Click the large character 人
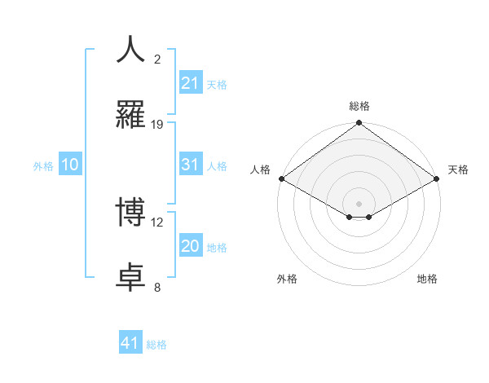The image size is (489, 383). (131, 50)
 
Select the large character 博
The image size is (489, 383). (131, 212)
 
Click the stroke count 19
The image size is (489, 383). (157, 125)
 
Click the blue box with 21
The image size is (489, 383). (190, 83)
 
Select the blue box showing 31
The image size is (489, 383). (190, 165)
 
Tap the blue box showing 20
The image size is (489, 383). (190, 247)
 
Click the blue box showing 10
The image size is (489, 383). (69, 165)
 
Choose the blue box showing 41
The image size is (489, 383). (130, 344)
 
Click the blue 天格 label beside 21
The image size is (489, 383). (217, 84)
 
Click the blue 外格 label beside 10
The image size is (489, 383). (43, 166)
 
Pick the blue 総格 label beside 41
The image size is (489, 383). (156, 345)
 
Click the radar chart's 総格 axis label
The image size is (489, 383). (359, 106)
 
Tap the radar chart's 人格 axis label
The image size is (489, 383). (260, 169)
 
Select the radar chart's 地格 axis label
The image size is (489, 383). (427, 279)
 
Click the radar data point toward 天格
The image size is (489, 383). (438, 178)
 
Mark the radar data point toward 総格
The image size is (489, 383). (359, 124)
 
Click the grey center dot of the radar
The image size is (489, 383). (359, 203)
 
